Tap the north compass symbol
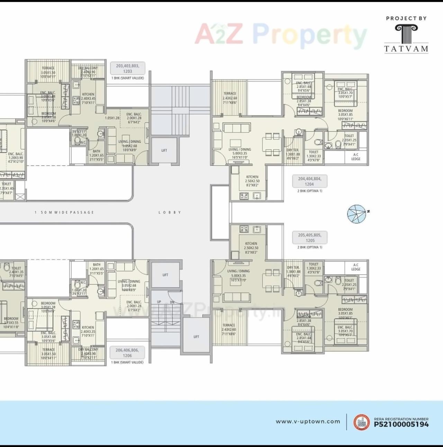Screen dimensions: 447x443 (357, 213)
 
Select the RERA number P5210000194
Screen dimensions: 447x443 (401, 424)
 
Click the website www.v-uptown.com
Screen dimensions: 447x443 (308, 421)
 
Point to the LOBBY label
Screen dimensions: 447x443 (170, 212)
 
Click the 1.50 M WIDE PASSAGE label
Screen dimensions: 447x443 (64, 212)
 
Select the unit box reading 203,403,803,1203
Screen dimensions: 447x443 (127, 69)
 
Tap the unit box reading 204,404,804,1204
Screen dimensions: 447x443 (309, 181)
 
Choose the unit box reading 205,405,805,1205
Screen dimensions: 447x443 (310, 238)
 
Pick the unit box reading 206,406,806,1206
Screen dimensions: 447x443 (127, 353)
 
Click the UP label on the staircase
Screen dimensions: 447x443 (159, 302)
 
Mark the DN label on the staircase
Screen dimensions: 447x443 (172, 302)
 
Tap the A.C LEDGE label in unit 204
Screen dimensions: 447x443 (356, 157)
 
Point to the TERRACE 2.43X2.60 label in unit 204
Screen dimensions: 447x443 (229, 98)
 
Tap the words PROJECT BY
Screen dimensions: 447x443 (406, 18)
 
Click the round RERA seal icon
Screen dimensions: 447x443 (361, 422)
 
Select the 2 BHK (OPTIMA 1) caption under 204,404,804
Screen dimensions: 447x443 (309, 191)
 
